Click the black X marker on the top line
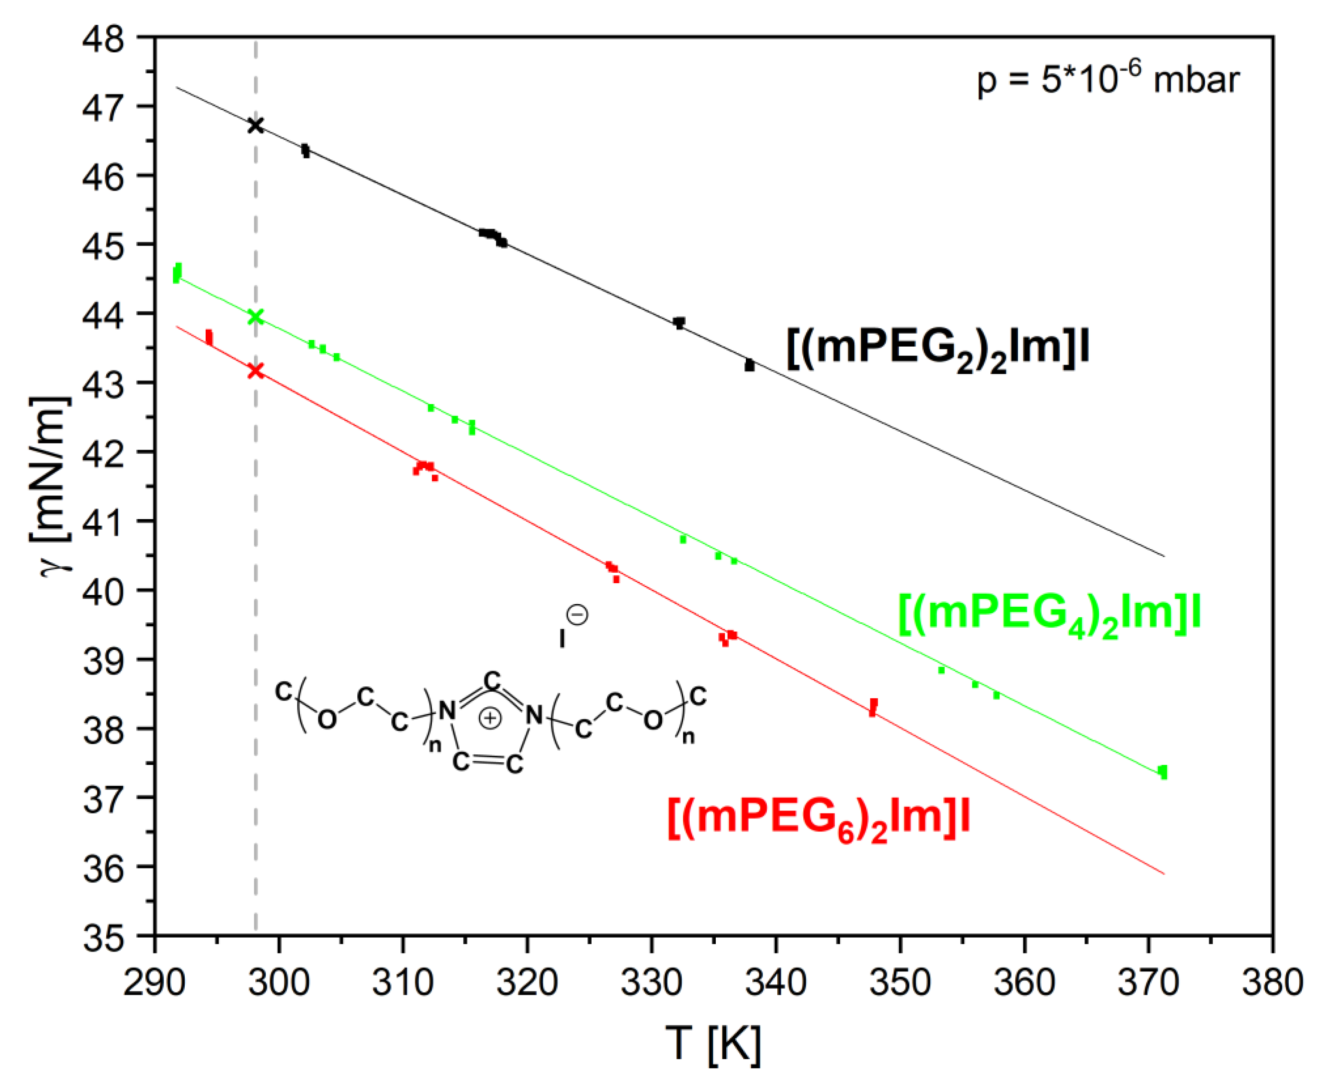tap(255, 125)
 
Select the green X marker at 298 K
tap(255, 317)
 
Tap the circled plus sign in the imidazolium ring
tap(490, 718)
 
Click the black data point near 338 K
tap(749, 365)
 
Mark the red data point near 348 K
tap(873, 707)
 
